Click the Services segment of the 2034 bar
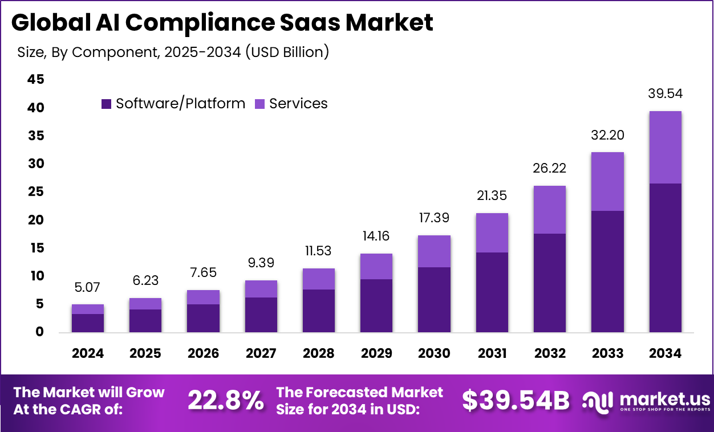pyautogui.click(x=666, y=147)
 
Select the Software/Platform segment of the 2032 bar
pyautogui.click(x=550, y=283)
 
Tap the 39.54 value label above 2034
pyautogui.click(x=666, y=94)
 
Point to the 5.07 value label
pyautogui.click(x=88, y=288)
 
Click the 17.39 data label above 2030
pyautogui.click(x=434, y=218)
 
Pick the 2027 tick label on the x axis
pyautogui.click(x=261, y=353)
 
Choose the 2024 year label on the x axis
pyautogui.click(x=88, y=353)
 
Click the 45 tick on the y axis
pyautogui.click(x=35, y=80)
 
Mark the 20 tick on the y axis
pyautogui.click(x=35, y=220)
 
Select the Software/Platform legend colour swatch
pyautogui.click(x=107, y=104)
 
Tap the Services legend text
pyautogui.click(x=298, y=104)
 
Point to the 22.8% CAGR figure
pyautogui.click(x=226, y=401)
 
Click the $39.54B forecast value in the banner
pyautogui.click(x=516, y=401)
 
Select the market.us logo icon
pyautogui.click(x=597, y=401)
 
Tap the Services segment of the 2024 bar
pyautogui.click(x=88, y=309)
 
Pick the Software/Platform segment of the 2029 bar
pyautogui.click(x=376, y=305)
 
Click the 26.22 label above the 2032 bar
pyautogui.click(x=550, y=168)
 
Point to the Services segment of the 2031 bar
pyautogui.click(x=492, y=233)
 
